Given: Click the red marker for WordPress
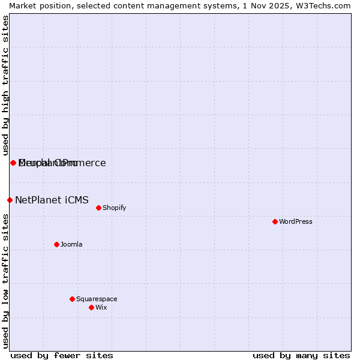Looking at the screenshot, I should click(x=275, y=221).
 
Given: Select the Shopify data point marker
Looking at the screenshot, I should click(x=98, y=208).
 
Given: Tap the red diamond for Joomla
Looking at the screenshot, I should click(x=56, y=244).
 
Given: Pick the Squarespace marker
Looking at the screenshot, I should click(x=72, y=299).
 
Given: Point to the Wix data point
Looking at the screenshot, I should click(x=91, y=307).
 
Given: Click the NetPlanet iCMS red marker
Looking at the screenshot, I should click(x=10, y=200).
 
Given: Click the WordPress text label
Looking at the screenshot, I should click(x=296, y=221).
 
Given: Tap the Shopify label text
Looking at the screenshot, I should click(x=114, y=208).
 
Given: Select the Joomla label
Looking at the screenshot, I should click(x=71, y=244).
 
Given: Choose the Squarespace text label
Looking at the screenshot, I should click(x=97, y=299).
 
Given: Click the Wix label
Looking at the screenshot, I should click(x=101, y=307).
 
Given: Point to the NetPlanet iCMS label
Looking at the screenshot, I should click(x=52, y=200).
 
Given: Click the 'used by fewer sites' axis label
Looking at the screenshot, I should click(x=62, y=355).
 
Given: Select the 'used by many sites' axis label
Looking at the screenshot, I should click(x=301, y=355).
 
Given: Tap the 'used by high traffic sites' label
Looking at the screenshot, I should click(x=5, y=84).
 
